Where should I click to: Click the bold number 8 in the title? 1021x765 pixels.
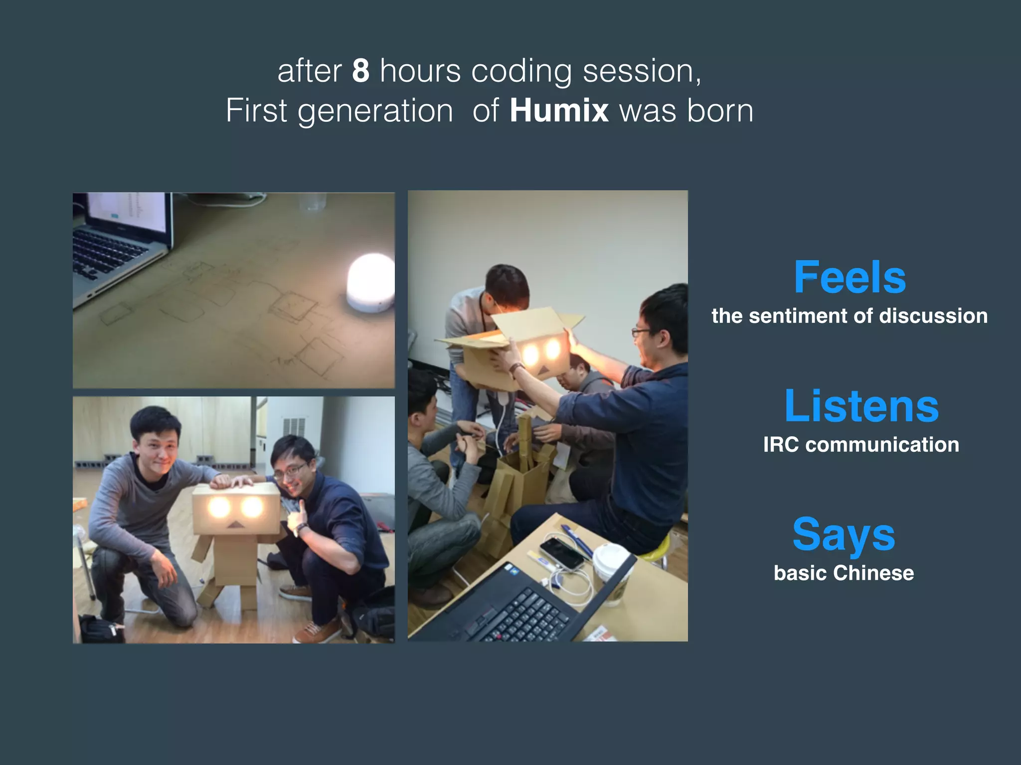click(x=360, y=71)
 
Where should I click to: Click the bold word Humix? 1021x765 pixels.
click(x=559, y=111)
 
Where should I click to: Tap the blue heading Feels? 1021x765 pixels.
click(x=850, y=277)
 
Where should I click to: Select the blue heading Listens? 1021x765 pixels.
click(x=861, y=406)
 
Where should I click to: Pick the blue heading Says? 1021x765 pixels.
click(x=844, y=534)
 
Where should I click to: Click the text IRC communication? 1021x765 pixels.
click(x=861, y=445)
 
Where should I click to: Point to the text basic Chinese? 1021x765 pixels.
click(x=844, y=573)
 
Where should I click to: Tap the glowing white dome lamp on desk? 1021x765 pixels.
click(x=370, y=283)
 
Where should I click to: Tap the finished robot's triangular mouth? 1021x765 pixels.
click(x=234, y=524)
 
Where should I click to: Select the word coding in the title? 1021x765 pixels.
click(x=521, y=71)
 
